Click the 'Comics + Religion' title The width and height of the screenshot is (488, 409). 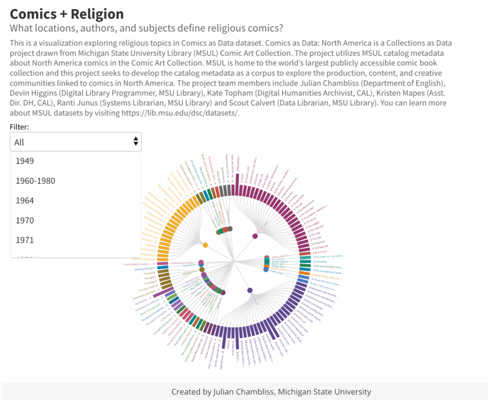click(67, 14)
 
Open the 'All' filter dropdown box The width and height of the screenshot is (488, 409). click(75, 142)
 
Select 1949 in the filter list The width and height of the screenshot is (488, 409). click(25, 161)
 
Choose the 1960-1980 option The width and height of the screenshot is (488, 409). click(35, 181)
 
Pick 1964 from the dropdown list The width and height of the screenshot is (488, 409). click(25, 200)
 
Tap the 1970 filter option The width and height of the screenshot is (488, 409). click(25, 220)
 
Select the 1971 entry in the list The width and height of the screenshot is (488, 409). click(25, 240)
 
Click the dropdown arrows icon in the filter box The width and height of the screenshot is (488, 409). click(136, 141)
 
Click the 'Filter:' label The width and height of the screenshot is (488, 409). click(19, 127)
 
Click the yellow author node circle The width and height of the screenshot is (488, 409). click(205, 245)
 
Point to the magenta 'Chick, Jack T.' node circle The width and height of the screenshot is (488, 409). click(255, 236)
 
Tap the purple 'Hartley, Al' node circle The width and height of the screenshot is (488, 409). click(250, 290)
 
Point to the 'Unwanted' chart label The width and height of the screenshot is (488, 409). click(319, 243)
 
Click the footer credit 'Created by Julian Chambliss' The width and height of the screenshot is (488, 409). click(271, 392)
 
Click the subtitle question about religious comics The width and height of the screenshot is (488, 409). click(146, 28)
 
